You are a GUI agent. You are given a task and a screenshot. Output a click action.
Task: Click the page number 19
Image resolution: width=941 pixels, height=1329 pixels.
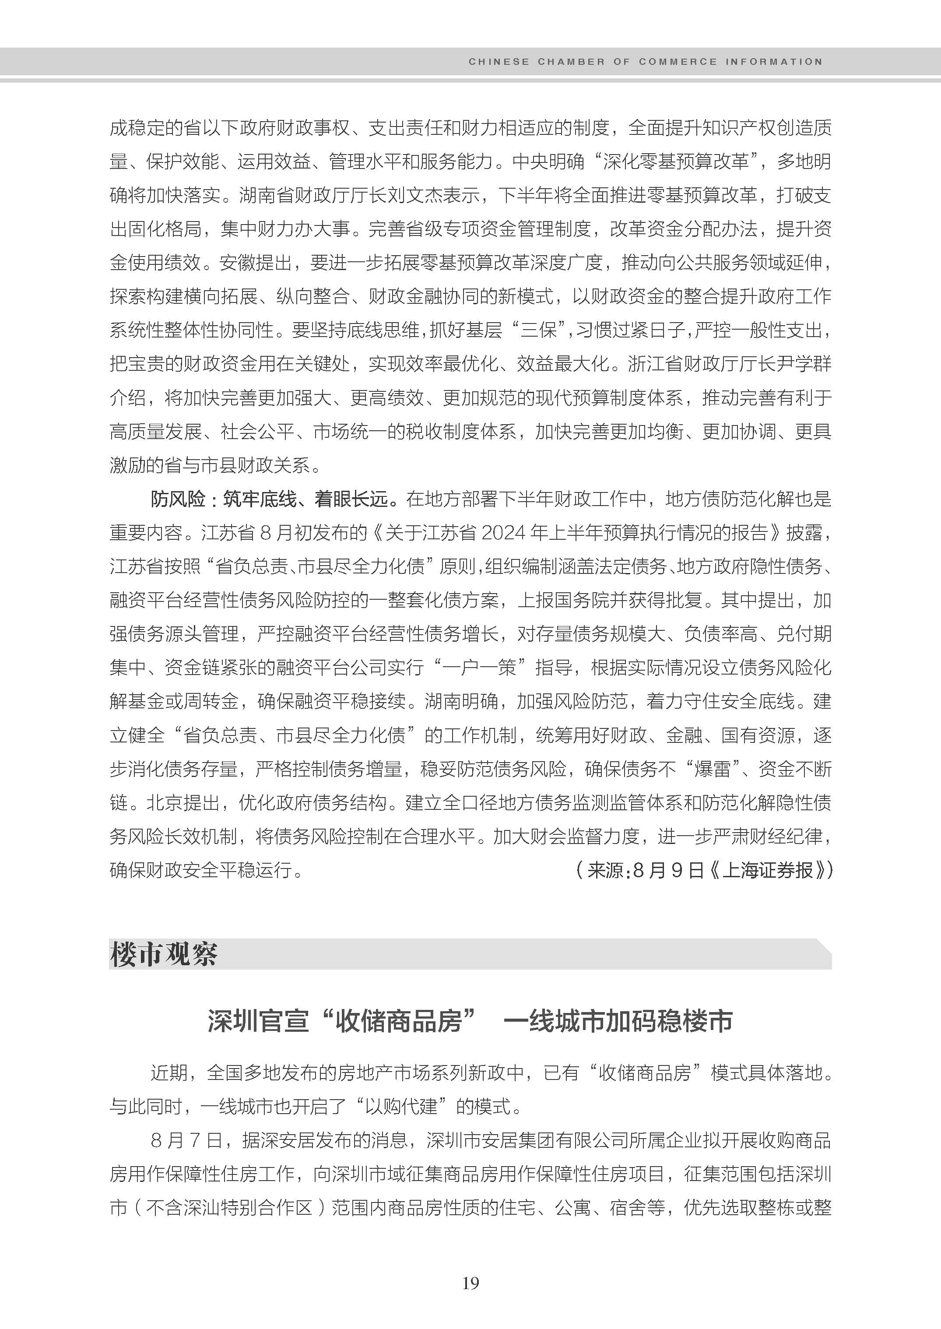[x=470, y=1283]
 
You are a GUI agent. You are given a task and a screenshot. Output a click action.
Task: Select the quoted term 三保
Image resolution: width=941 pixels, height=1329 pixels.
[x=539, y=330]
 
